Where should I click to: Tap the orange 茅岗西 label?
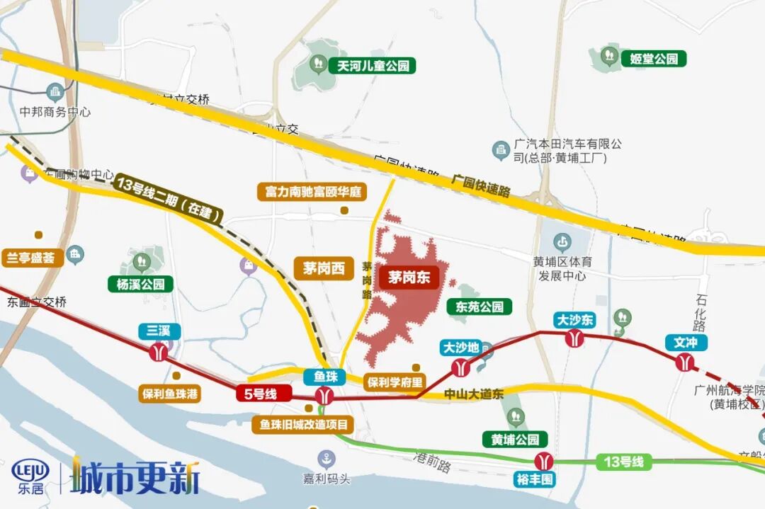[323, 268]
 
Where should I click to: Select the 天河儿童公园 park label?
[373, 66]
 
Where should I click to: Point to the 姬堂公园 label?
[653, 58]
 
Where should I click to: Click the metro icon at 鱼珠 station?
[325, 396]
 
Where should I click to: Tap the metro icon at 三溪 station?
[159, 351]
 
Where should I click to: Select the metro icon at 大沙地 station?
[460, 367]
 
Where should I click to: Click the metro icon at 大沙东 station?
[574, 339]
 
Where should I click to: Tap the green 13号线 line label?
[624, 462]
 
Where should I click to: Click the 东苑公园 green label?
[480, 307]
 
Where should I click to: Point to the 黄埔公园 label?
[515, 439]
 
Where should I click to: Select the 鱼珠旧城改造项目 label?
[303, 425]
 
